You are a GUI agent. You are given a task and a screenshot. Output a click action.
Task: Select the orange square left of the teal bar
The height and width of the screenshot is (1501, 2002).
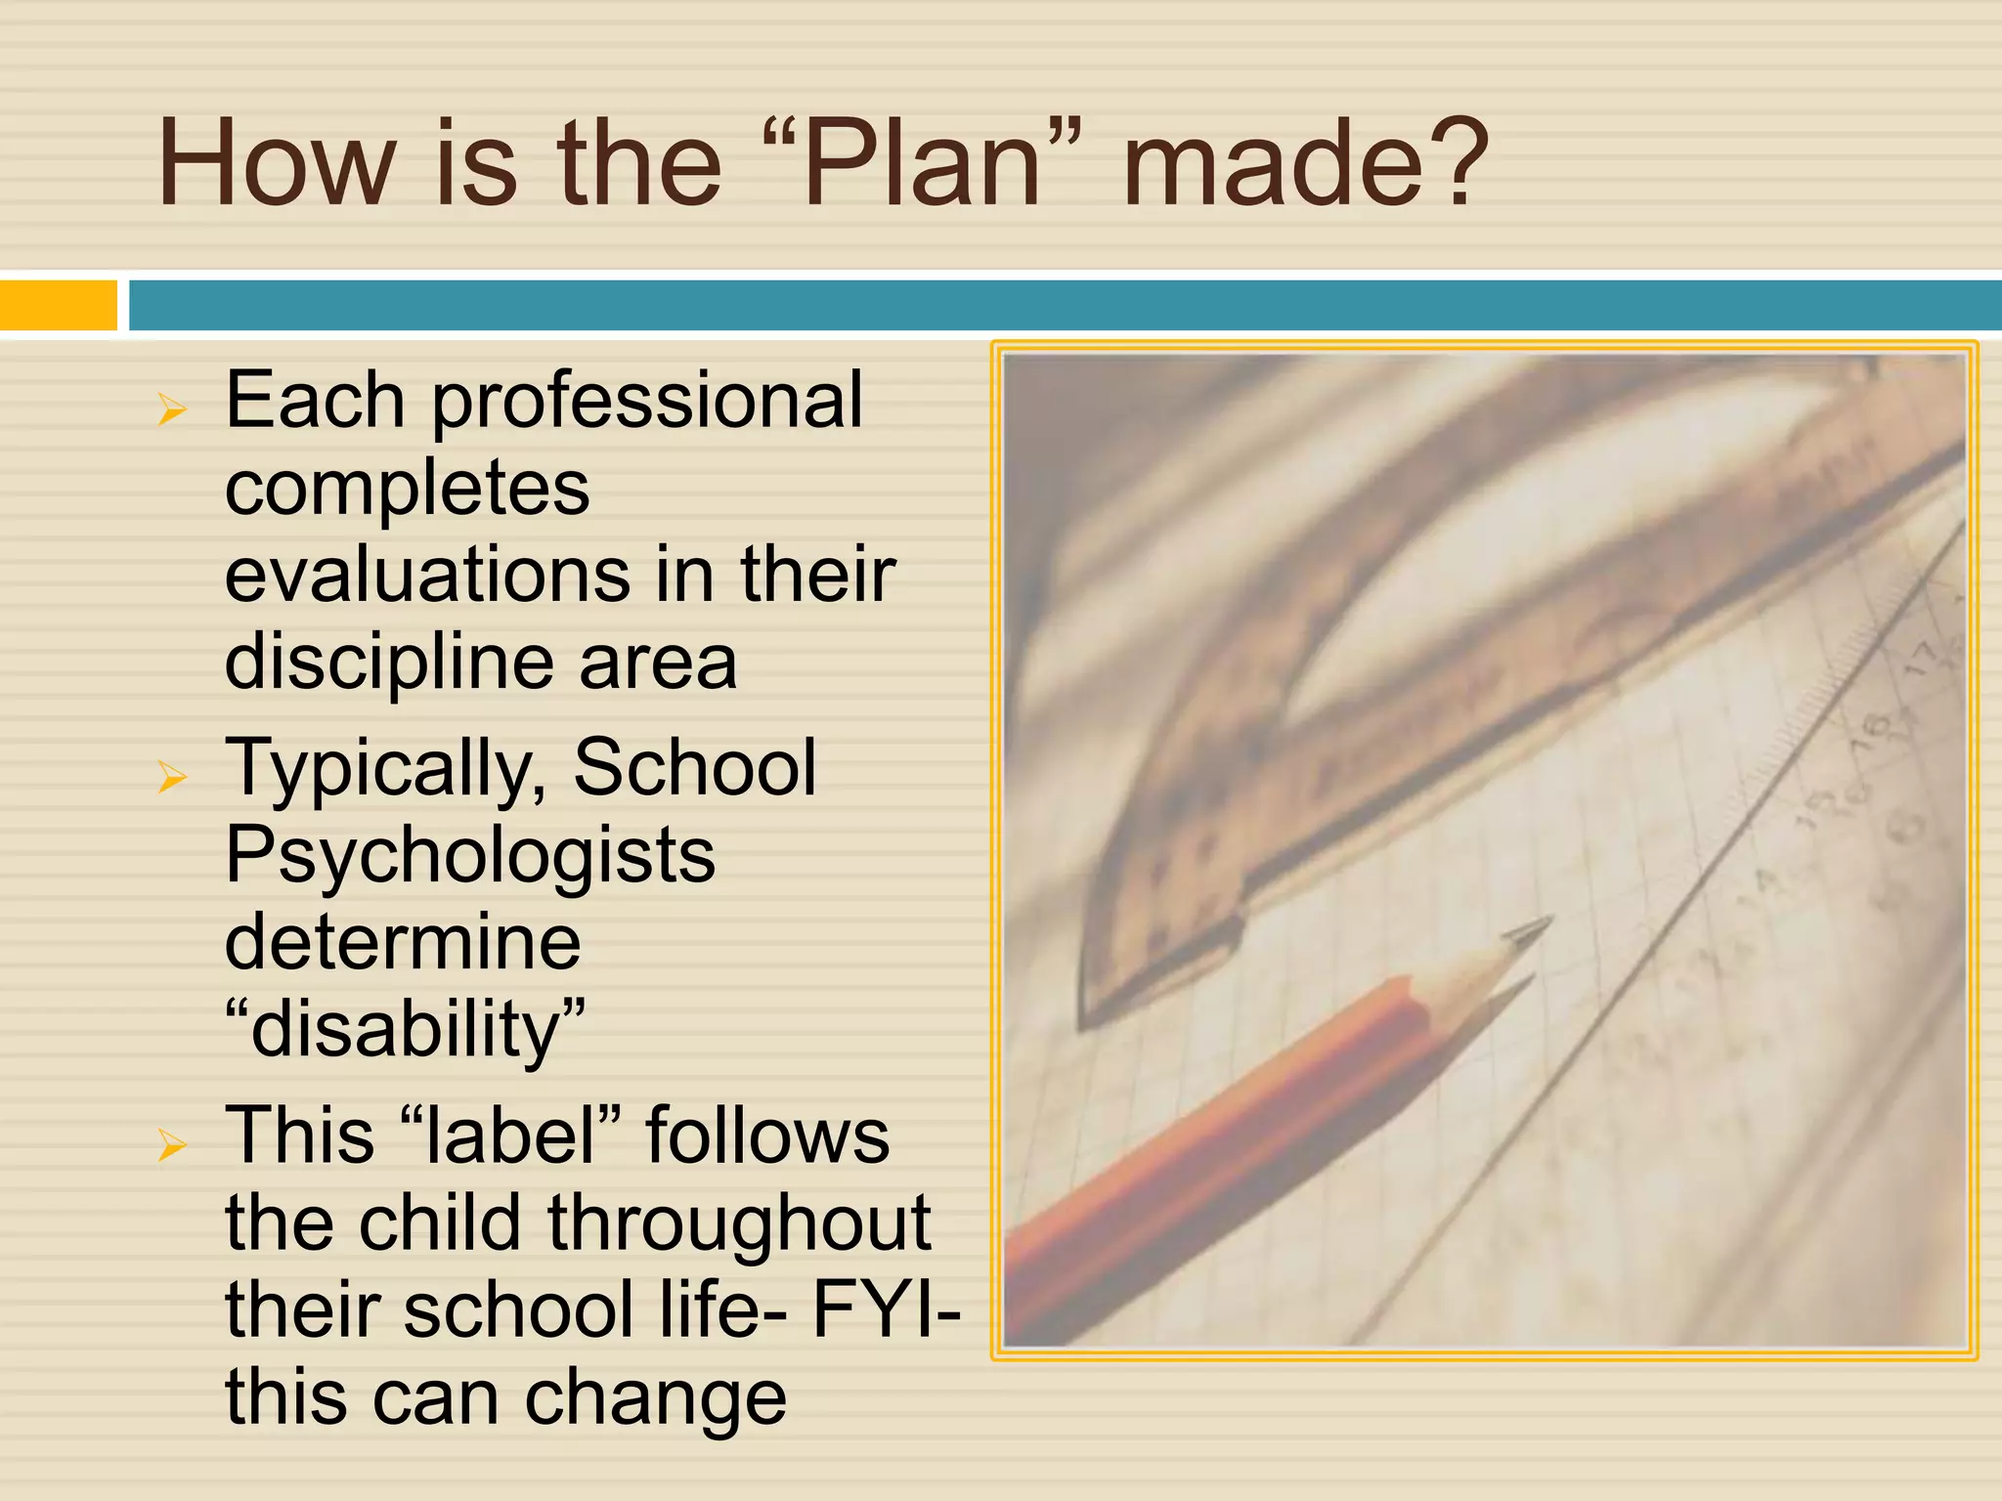point(58,305)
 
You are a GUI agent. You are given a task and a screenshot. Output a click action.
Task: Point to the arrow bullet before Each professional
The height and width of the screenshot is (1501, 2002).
point(172,410)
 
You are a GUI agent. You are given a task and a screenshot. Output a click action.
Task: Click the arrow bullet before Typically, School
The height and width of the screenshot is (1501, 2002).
point(172,778)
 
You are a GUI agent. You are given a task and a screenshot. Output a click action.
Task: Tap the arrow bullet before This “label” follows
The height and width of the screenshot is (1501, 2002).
point(172,1144)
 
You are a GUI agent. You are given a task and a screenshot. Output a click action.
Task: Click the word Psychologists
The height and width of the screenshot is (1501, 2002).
point(470,856)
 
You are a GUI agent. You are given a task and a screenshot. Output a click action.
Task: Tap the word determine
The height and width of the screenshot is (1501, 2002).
point(403,942)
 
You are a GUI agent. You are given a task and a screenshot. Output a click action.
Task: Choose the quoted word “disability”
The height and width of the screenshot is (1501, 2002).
point(405,1029)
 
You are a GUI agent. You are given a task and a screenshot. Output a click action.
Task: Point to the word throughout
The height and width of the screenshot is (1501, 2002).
point(739,1223)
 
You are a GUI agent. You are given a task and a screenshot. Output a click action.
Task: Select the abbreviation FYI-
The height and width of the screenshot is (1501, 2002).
point(886,1309)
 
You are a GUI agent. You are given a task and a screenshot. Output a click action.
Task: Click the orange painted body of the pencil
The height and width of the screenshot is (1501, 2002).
point(1222,1134)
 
